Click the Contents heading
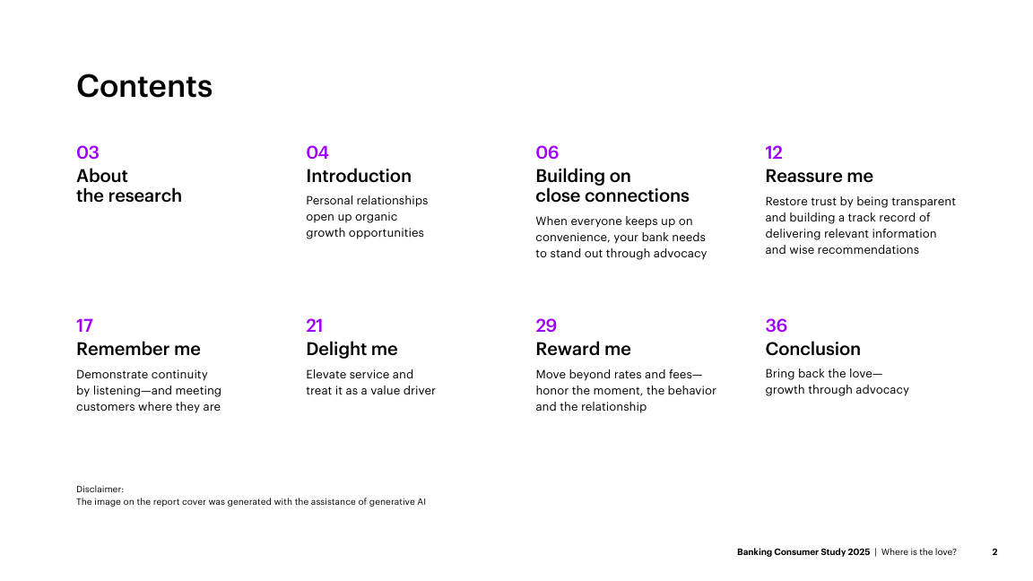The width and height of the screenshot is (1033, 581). (x=144, y=86)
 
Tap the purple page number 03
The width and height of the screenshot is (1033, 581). (x=88, y=152)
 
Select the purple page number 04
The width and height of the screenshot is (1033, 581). (x=317, y=152)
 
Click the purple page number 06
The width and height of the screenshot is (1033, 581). (x=547, y=152)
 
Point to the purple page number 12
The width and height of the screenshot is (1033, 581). (x=774, y=152)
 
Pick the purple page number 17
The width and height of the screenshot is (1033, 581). (x=84, y=325)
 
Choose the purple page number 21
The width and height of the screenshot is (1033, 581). (x=314, y=325)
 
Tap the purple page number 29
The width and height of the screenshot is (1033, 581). (x=546, y=325)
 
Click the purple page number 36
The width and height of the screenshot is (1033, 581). (x=776, y=325)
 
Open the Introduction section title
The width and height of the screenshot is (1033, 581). (x=359, y=176)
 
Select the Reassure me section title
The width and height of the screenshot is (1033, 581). (x=819, y=176)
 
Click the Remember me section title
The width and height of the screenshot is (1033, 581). (x=138, y=349)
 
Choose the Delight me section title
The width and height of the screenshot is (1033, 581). (x=352, y=349)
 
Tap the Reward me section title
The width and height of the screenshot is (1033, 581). (x=583, y=349)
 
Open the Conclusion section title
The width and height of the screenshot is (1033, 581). (x=813, y=349)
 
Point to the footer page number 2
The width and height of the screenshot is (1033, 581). (x=994, y=552)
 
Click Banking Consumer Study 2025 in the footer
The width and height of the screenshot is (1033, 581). (x=803, y=552)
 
